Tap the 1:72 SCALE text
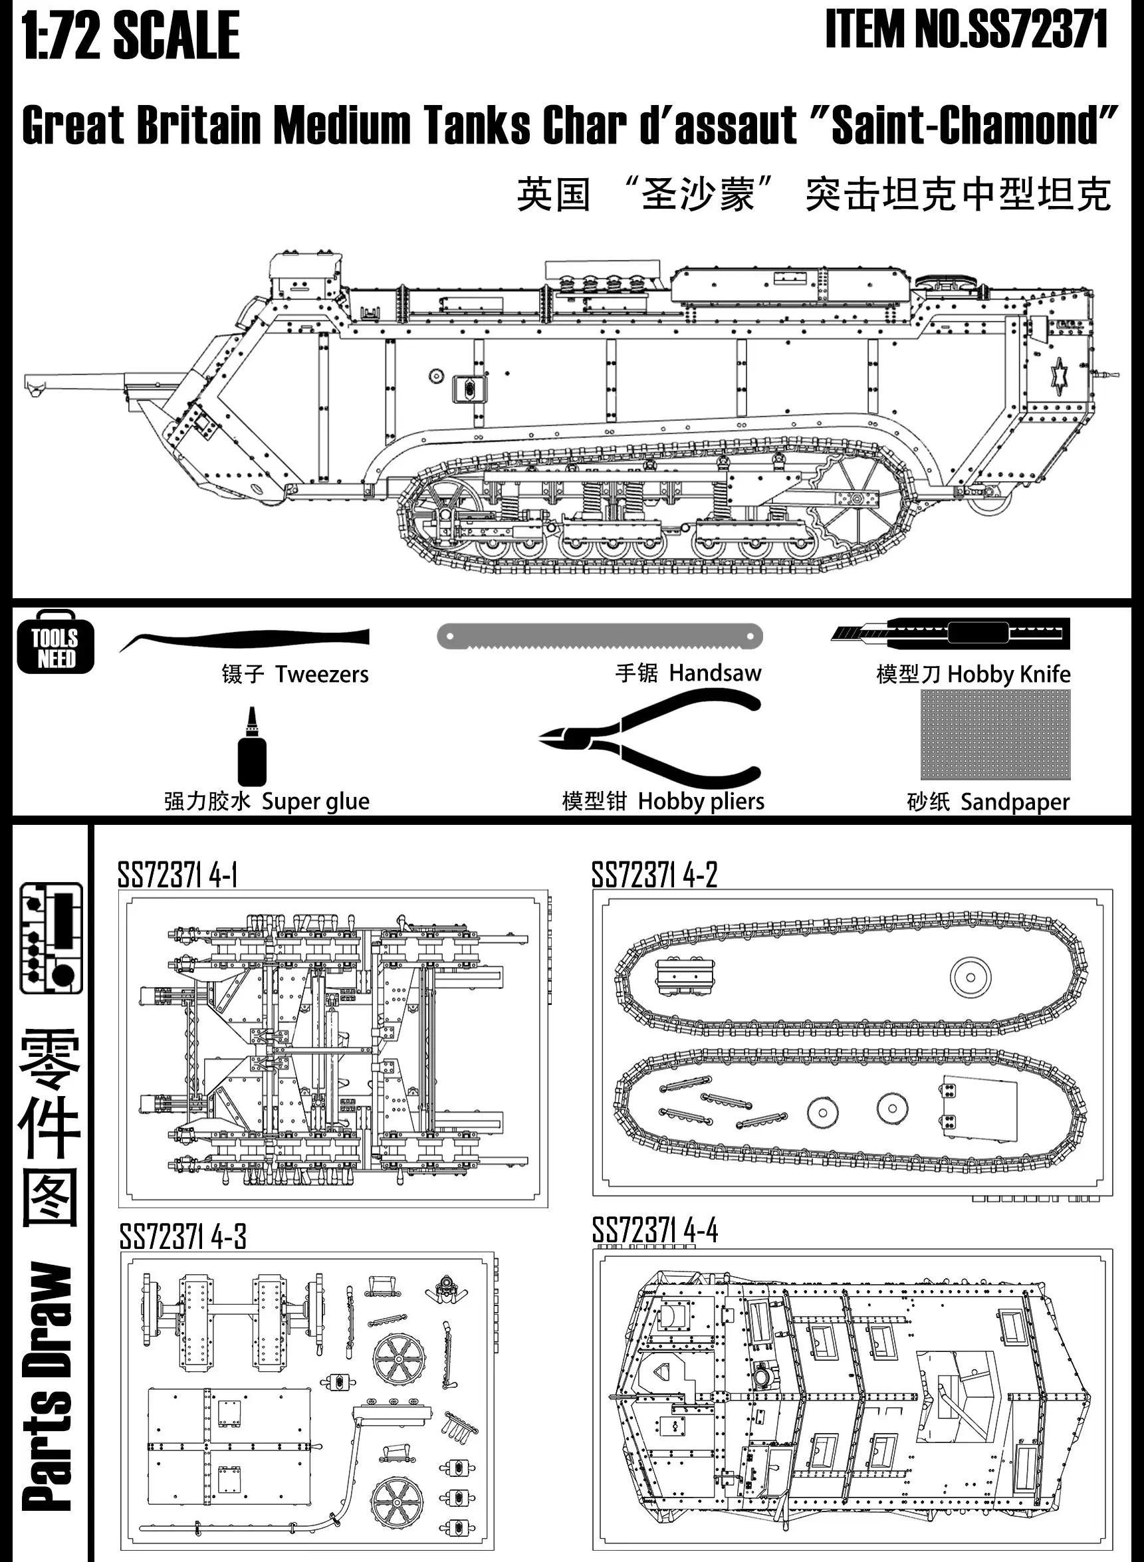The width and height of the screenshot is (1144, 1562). (131, 35)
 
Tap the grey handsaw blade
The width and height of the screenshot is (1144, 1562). (599, 635)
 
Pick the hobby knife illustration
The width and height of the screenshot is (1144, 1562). (951, 633)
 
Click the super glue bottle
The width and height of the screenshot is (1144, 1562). (251, 748)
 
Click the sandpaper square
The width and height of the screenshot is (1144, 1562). (995, 735)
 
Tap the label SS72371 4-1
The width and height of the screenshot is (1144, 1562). (177, 876)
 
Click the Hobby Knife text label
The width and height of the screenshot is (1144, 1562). (1008, 675)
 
